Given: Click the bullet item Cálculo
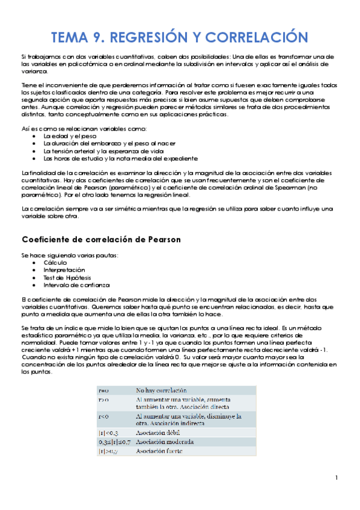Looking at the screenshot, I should point(55,263).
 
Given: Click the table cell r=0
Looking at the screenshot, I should point(103,390).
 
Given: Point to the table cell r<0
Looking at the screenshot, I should point(103,416).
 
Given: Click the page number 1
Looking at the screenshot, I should point(337,478).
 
